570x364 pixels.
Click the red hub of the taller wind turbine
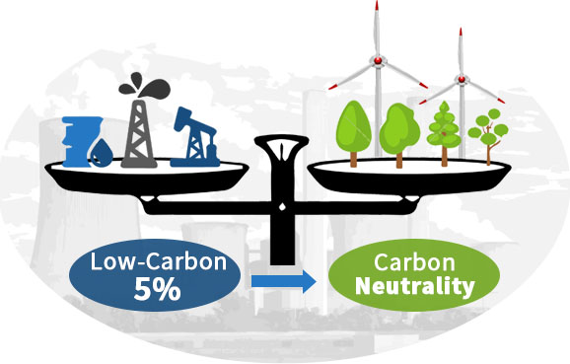377,61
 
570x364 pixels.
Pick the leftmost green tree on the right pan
352,128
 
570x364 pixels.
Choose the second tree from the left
399,128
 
